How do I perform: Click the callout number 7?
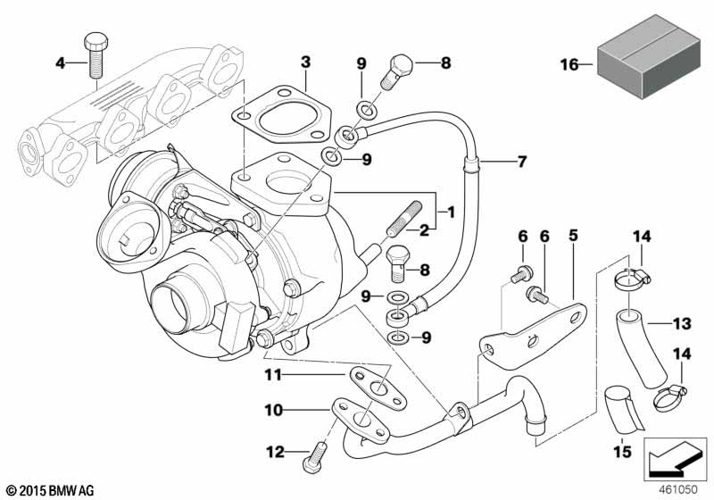coord(521,162)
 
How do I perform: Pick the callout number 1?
coord(451,212)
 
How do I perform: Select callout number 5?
coord(573,236)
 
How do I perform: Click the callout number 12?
coord(277,453)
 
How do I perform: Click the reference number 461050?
coord(680,490)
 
